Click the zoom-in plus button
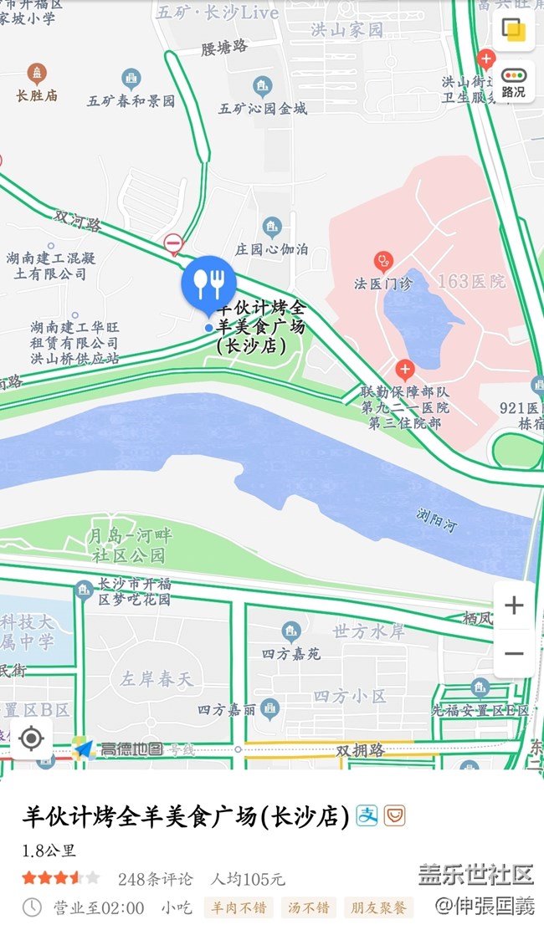(514, 606)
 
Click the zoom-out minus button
(514, 653)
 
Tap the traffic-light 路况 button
(513, 82)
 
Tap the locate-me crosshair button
(31, 738)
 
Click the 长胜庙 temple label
(37, 95)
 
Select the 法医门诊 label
(383, 283)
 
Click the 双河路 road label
(78, 221)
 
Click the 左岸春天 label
(157, 678)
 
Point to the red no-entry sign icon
(173, 244)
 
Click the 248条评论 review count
(155, 879)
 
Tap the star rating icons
(60, 878)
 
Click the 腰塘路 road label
(224, 48)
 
